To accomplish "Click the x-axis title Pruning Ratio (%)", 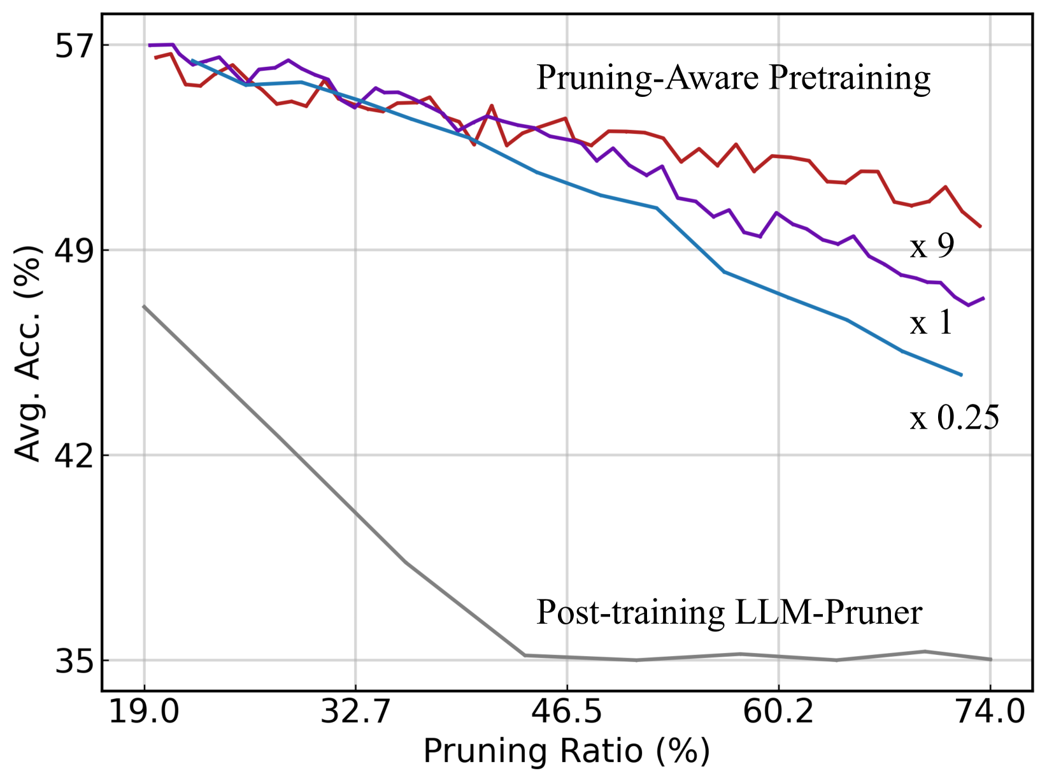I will point(566,752).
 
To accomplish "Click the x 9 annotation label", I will point(932,246).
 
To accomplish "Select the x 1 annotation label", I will point(930,323).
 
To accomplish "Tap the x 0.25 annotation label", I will point(954,419).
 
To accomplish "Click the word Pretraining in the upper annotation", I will point(850,78).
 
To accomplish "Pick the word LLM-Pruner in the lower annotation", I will point(828,613).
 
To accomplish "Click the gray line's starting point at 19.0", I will point(145,306).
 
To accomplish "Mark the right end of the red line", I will point(980,226).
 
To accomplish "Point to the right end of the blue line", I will point(961,375).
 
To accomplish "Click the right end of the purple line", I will point(984,298).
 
